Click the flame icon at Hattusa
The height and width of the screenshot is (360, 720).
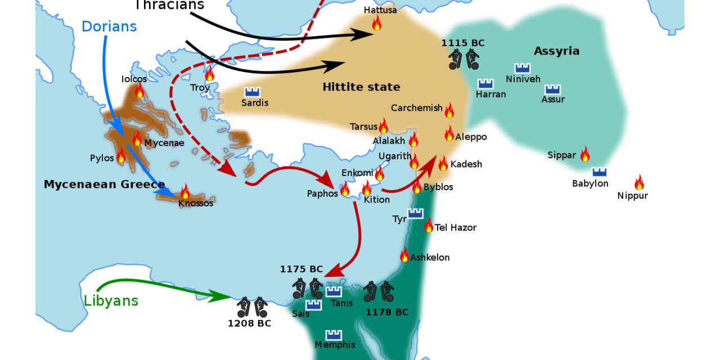pos(376,22)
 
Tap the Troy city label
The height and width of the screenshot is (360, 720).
pos(200,88)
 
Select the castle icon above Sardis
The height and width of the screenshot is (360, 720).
pos(252,92)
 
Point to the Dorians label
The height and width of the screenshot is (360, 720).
pos(109,26)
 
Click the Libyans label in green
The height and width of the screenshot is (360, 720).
pos(111,300)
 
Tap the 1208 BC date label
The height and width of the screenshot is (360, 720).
pos(249,323)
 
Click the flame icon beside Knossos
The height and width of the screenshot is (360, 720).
pos(185,191)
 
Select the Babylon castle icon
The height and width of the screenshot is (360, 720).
pos(599,172)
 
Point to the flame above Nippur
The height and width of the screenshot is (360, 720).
pos(638,182)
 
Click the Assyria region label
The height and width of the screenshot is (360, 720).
pos(556,51)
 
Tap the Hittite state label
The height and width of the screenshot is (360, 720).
pos(361,87)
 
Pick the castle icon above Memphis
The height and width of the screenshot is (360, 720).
pos(334,335)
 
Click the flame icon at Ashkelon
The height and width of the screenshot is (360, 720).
pos(404,255)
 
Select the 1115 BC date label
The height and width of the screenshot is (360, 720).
pos(462,43)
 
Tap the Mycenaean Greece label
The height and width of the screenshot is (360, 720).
pos(105,184)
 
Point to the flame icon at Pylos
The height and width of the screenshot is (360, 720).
pos(121,156)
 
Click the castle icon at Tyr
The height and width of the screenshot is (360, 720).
pos(415,213)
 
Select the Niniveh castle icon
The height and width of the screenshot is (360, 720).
pos(522,68)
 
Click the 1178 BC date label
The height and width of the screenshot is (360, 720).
pos(387,312)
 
